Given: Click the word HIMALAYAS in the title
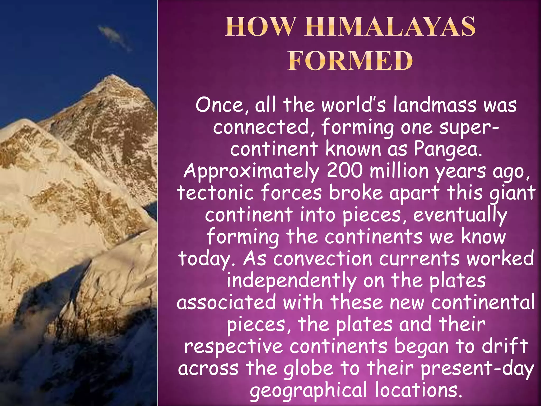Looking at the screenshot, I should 390,27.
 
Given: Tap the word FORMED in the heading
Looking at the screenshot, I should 350,61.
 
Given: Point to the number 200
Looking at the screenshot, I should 344,171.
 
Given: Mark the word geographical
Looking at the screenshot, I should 309,391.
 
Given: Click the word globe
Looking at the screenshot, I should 309,369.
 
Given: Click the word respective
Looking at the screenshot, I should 234,347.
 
